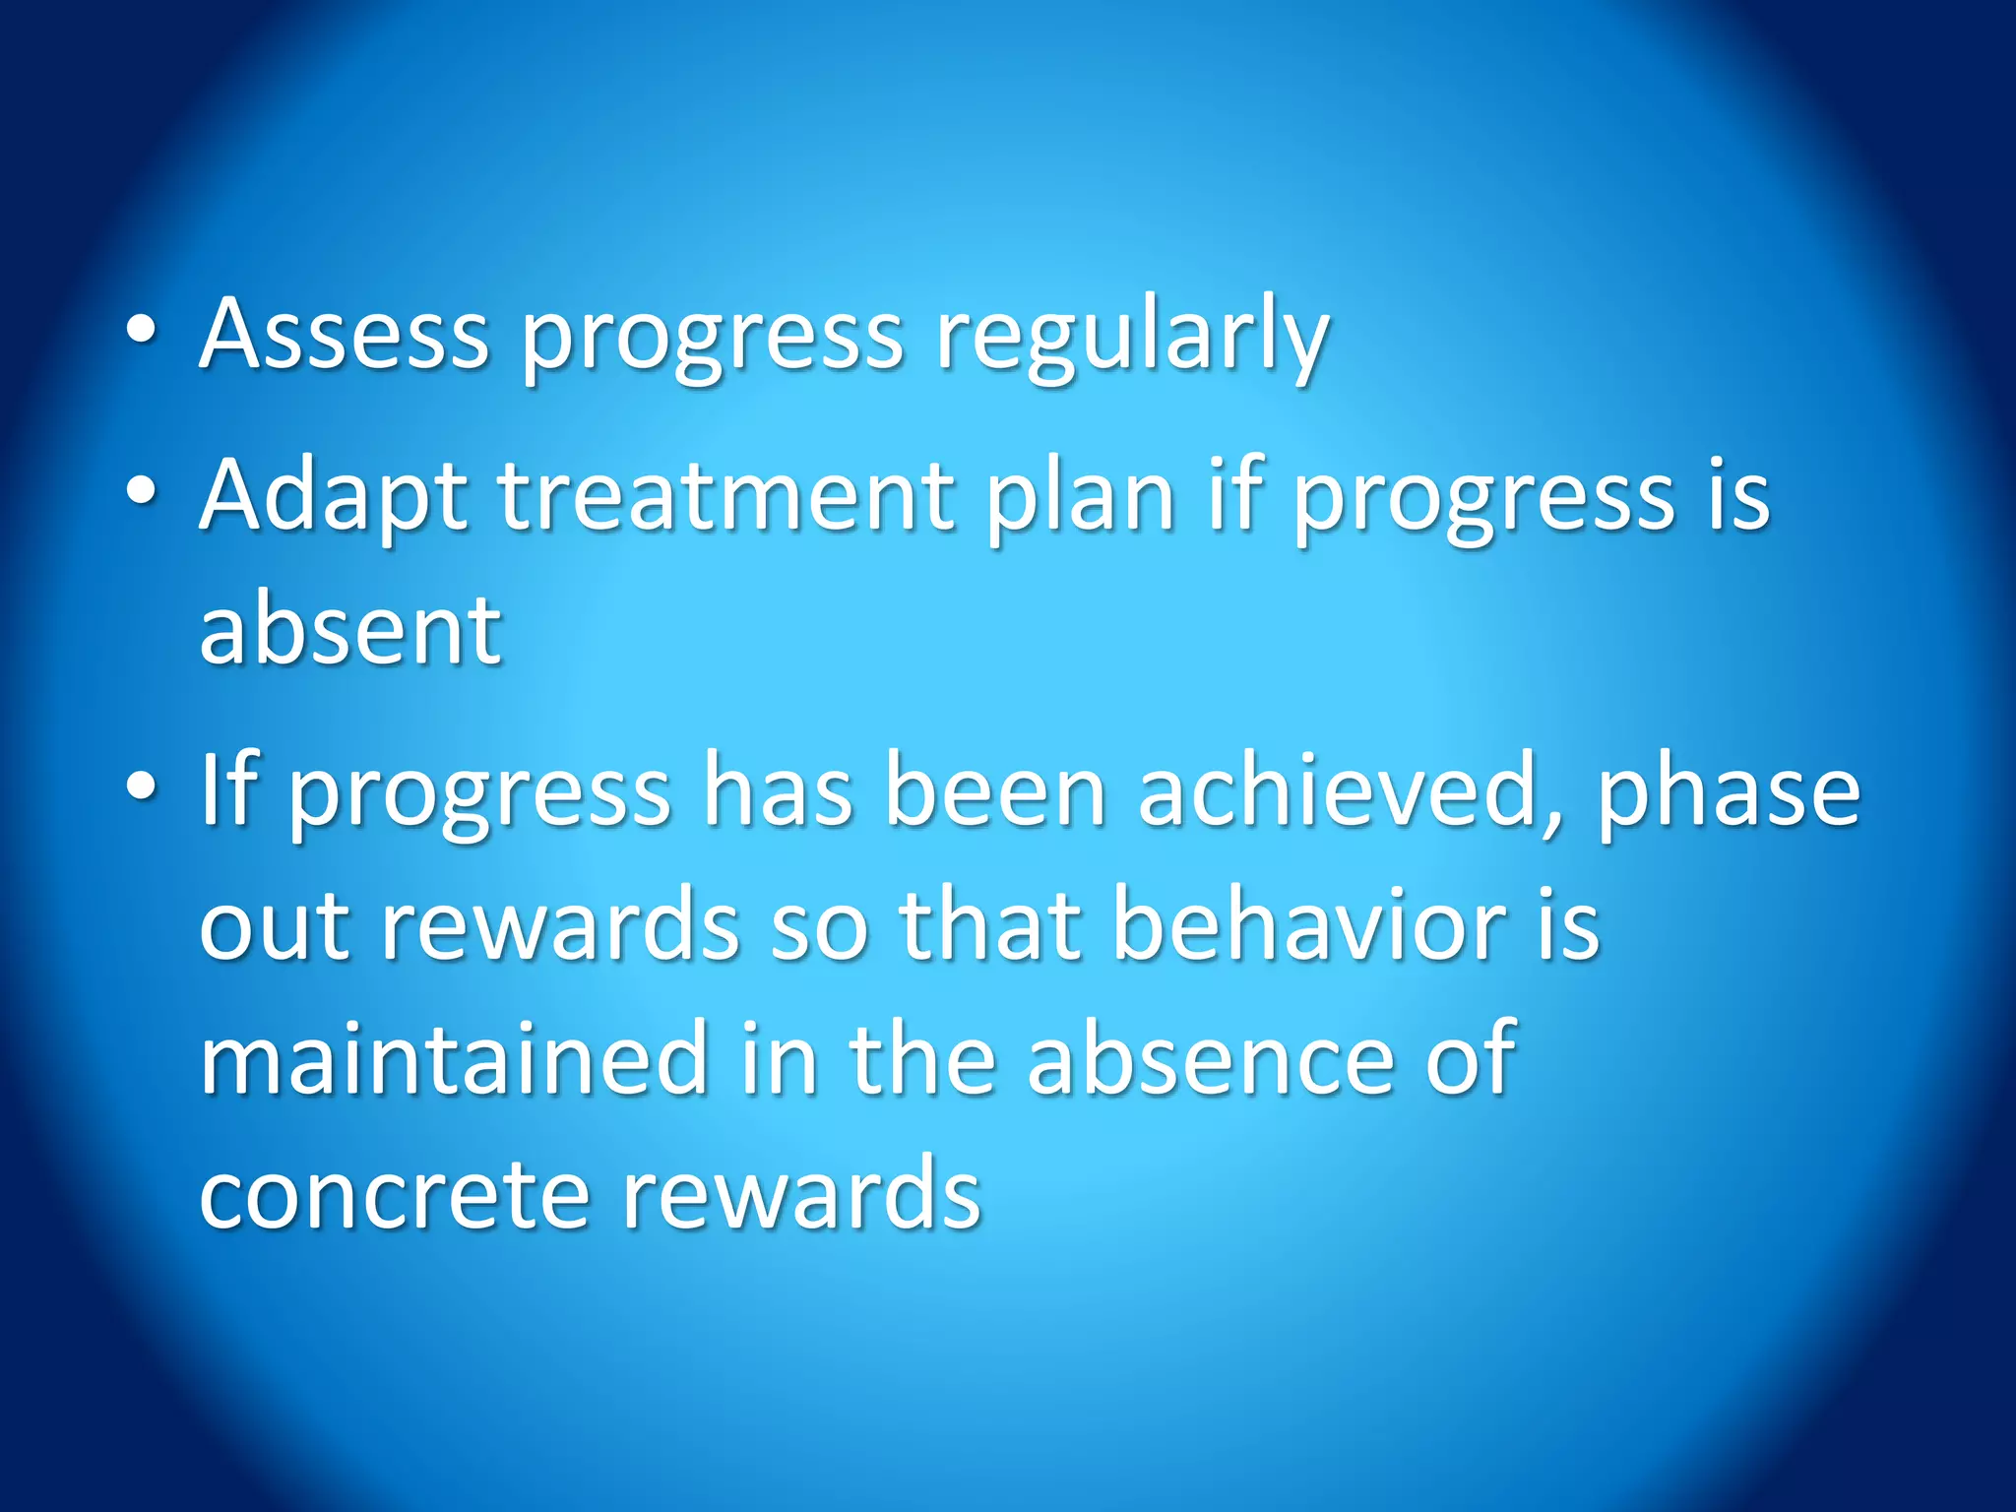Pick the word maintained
pos(454,1058)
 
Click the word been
pos(995,792)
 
